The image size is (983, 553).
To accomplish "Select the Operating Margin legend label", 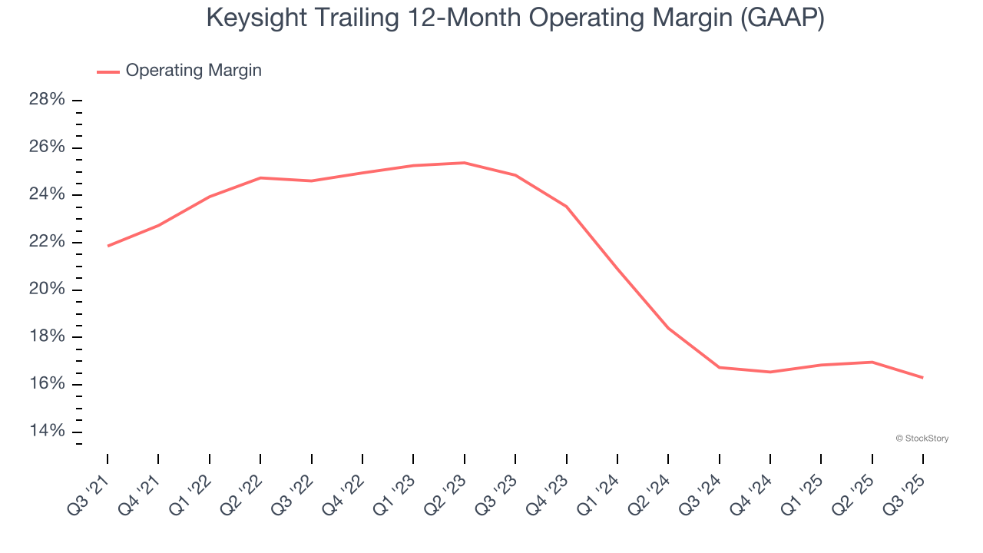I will click(x=194, y=71).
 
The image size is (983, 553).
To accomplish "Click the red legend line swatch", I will click(x=108, y=71).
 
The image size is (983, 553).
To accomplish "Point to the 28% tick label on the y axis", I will click(x=47, y=100).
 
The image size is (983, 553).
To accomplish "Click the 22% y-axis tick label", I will click(x=47, y=242).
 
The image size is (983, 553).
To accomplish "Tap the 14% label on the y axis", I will click(x=47, y=432).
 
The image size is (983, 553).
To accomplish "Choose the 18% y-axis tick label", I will click(x=47, y=337).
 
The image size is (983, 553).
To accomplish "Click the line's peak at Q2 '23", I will click(x=464, y=163).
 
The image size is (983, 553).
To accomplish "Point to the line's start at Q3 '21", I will click(x=108, y=246).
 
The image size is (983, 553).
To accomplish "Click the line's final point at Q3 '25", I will click(x=922, y=377).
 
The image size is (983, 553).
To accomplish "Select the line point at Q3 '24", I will click(x=719, y=367).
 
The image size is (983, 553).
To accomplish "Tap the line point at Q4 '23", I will click(x=566, y=207).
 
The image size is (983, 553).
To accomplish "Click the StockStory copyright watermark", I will click(x=922, y=439).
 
